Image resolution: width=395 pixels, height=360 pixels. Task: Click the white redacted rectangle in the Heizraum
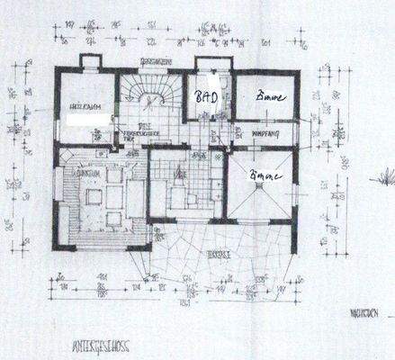pos(86,118)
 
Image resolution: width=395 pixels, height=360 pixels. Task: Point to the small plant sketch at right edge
pos(385,176)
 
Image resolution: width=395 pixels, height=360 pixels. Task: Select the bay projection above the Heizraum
pos(90,62)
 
